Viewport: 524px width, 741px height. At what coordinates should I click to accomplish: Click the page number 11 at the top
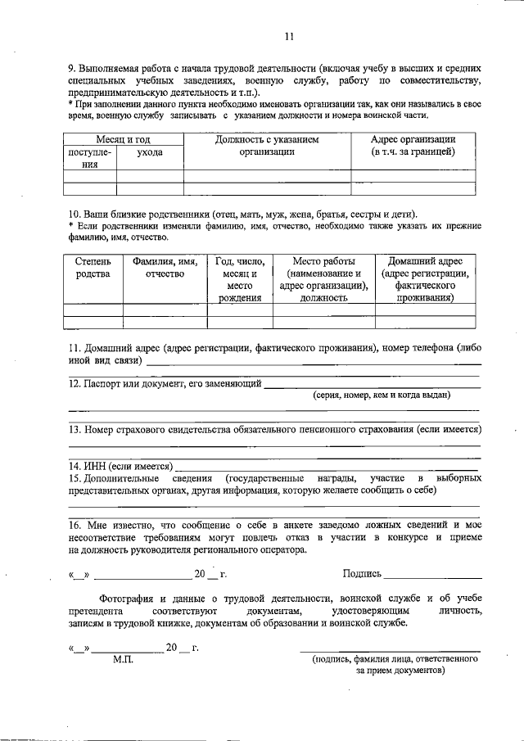[x=289, y=36]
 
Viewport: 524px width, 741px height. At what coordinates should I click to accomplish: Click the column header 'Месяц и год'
[x=123, y=140]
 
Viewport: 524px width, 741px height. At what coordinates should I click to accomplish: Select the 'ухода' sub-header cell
[x=149, y=152]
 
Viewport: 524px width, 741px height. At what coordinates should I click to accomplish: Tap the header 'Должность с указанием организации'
[x=267, y=146]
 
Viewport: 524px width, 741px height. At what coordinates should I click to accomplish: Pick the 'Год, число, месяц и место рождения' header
[x=239, y=279]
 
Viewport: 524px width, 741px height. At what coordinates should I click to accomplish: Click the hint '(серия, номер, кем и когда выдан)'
[x=381, y=395]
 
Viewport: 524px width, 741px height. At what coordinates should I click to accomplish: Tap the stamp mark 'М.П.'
[x=123, y=659]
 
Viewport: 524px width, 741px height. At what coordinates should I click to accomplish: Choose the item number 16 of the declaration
[x=75, y=523]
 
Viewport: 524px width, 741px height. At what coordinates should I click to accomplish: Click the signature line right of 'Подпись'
[x=431, y=576]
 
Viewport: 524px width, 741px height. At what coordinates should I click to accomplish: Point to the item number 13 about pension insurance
[x=75, y=429]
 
